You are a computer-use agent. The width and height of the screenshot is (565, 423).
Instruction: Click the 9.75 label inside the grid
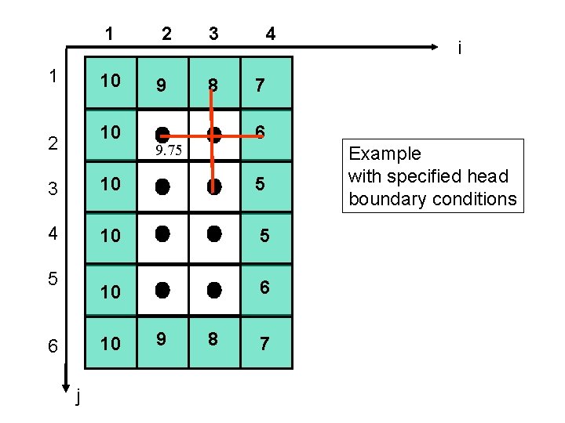click(x=169, y=151)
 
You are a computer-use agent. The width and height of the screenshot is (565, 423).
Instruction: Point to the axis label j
click(x=78, y=399)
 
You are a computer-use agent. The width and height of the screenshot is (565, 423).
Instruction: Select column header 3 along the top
click(x=213, y=34)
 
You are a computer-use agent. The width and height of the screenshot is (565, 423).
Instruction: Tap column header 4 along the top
click(x=270, y=34)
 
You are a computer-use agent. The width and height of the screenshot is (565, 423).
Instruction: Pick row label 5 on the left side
click(x=52, y=280)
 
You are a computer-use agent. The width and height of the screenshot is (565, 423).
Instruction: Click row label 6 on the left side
click(x=52, y=345)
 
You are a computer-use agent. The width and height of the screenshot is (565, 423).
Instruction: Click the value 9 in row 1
click(x=161, y=84)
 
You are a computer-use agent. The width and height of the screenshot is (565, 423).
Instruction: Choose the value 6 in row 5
click(x=264, y=287)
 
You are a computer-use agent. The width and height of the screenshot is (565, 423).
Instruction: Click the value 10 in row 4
click(x=110, y=235)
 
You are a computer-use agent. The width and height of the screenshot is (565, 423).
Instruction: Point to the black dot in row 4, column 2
click(x=162, y=233)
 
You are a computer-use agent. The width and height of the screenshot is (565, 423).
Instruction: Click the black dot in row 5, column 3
click(x=213, y=290)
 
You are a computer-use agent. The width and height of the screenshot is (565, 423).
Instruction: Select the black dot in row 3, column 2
click(x=162, y=186)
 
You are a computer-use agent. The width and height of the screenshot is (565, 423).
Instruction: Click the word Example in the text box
click(x=385, y=154)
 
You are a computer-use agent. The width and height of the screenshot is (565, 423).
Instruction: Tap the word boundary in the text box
click(x=380, y=199)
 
